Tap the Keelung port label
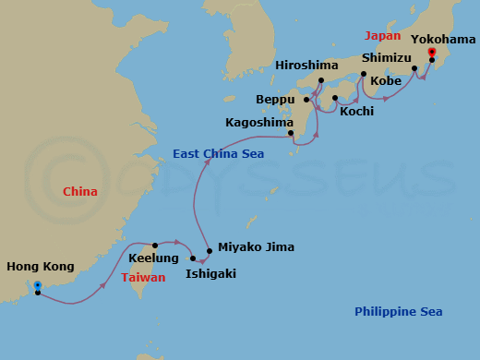pyautogui.click(x=154, y=258)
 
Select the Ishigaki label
pyautogui.click(x=211, y=273)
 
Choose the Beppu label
pyautogui.click(x=275, y=99)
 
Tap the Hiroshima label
pyautogui.click(x=306, y=66)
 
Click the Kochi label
pyautogui.click(x=357, y=111)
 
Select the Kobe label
pyautogui.click(x=385, y=81)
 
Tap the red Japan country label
pyautogui.click(x=383, y=36)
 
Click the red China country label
pyautogui.click(x=80, y=192)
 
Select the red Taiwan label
pyautogui.click(x=143, y=277)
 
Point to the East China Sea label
pyautogui.click(x=219, y=154)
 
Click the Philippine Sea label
pyautogui.click(x=399, y=312)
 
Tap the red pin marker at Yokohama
pyautogui.click(x=431, y=53)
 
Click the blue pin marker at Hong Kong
pyautogui.click(x=37, y=285)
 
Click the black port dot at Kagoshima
pyautogui.click(x=292, y=134)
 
